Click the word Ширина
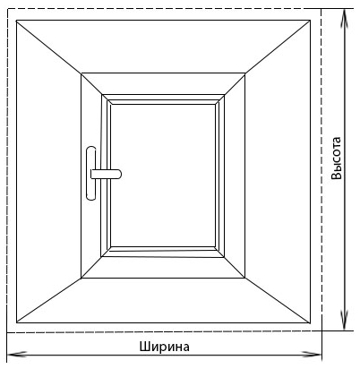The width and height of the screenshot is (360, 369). pyautogui.click(x=164, y=347)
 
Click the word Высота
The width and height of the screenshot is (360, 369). pyautogui.click(x=336, y=158)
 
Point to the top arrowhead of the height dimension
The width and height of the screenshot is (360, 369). pyautogui.click(x=345, y=19)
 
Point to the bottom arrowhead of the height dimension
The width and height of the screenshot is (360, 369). pyautogui.click(x=345, y=321)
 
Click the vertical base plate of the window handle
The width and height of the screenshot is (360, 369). pyautogui.click(x=90, y=173)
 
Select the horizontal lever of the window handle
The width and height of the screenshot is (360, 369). pyautogui.click(x=106, y=174)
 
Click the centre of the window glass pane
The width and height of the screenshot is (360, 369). pyautogui.click(x=163, y=176)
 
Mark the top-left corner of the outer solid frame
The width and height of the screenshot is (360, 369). pyautogui.click(x=16, y=21)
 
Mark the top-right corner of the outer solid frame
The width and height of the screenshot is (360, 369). pyautogui.click(x=310, y=21)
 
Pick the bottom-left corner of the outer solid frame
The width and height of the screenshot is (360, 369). pyautogui.click(x=16, y=322)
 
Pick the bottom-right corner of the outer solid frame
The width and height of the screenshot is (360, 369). pyautogui.click(x=310, y=322)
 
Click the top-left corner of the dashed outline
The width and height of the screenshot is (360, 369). pyautogui.click(x=7, y=9)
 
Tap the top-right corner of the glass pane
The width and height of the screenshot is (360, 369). pyautogui.click(x=215, y=104)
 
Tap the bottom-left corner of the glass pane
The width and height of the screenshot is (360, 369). pyautogui.click(x=111, y=247)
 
